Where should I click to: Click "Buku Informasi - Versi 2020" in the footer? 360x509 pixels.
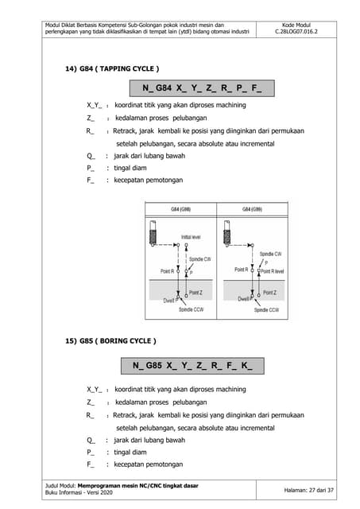coord(80,493)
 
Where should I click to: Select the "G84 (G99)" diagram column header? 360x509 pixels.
coord(252,209)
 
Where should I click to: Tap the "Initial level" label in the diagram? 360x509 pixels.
coord(191,237)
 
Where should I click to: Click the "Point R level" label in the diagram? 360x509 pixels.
coord(273,270)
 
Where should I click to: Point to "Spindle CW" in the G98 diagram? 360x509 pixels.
coord(200,260)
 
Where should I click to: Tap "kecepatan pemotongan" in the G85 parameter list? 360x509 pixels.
coord(149,464)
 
